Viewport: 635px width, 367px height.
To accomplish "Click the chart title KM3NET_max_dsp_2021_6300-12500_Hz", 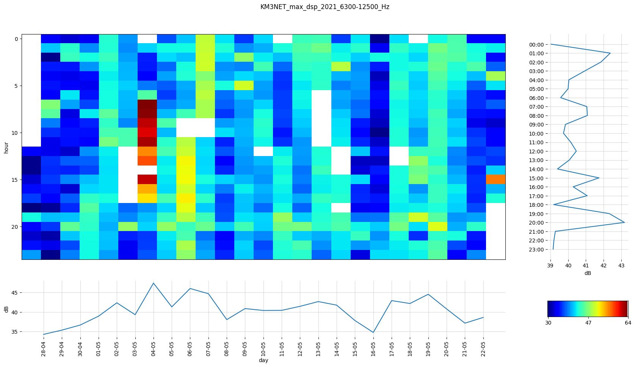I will pyautogui.click(x=325, y=7).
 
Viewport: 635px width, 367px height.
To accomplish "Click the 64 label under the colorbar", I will pyautogui.click(x=628, y=323).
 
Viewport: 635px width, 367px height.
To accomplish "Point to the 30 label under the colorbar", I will pyautogui.click(x=548, y=323).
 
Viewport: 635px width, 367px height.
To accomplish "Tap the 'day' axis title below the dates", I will pyautogui.click(x=263, y=361).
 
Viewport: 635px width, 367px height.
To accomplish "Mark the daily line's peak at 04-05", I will pyautogui.click(x=154, y=283).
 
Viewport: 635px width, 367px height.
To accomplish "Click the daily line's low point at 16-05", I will pyautogui.click(x=373, y=333).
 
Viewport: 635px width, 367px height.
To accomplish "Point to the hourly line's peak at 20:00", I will pyautogui.click(x=624, y=222).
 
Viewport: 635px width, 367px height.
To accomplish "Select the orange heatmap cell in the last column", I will pyautogui.click(x=496, y=179).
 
